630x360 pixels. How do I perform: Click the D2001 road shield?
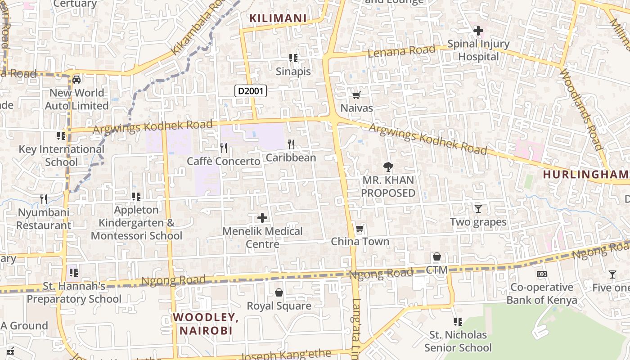(x=251, y=91)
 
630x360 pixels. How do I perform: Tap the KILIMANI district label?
(x=278, y=18)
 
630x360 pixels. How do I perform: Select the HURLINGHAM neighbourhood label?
(x=585, y=174)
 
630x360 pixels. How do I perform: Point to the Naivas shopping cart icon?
(x=356, y=95)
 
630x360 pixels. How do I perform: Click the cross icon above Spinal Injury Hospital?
(x=478, y=31)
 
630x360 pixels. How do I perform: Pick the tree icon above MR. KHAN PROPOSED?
(x=388, y=167)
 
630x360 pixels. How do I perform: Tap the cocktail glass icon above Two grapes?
(x=478, y=209)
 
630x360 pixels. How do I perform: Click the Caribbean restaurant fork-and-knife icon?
(x=291, y=144)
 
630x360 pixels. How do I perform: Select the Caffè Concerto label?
(x=223, y=161)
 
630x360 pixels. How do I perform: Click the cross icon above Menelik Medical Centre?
(x=262, y=218)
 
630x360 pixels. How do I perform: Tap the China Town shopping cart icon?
(x=360, y=229)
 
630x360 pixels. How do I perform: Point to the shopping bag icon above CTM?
(x=436, y=257)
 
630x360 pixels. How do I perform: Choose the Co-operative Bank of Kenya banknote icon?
(x=542, y=274)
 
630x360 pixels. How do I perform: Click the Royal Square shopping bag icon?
(x=279, y=293)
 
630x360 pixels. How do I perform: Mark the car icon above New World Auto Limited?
(x=76, y=80)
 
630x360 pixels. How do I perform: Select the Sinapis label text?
(x=293, y=72)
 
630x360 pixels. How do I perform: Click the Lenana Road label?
(x=401, y=51)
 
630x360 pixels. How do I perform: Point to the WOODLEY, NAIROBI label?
(x=206, y=324)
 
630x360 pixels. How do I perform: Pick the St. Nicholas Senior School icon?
(x=458, y=322)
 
